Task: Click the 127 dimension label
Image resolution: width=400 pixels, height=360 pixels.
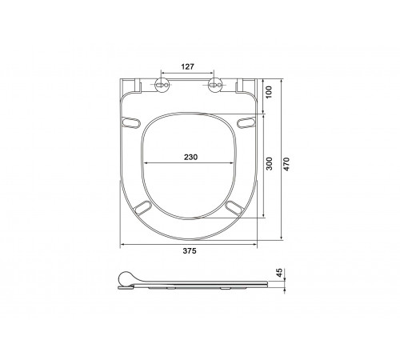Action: [188, 66]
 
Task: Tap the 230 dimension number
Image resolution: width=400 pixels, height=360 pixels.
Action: [190, 157]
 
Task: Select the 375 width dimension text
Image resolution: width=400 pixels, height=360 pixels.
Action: [190, 250]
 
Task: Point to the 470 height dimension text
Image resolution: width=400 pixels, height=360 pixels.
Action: [286, 164]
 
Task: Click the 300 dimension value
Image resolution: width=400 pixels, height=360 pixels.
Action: [270, 164]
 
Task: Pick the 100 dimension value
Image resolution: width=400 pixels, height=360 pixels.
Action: [269, 92]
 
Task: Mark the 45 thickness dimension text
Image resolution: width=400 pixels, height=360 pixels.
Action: [279, 273]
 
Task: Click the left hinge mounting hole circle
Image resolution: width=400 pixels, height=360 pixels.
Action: [162, 85]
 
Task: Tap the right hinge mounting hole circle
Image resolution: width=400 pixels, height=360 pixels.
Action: [214, 85]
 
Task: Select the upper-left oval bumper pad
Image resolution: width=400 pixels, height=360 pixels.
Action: [130, 122]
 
